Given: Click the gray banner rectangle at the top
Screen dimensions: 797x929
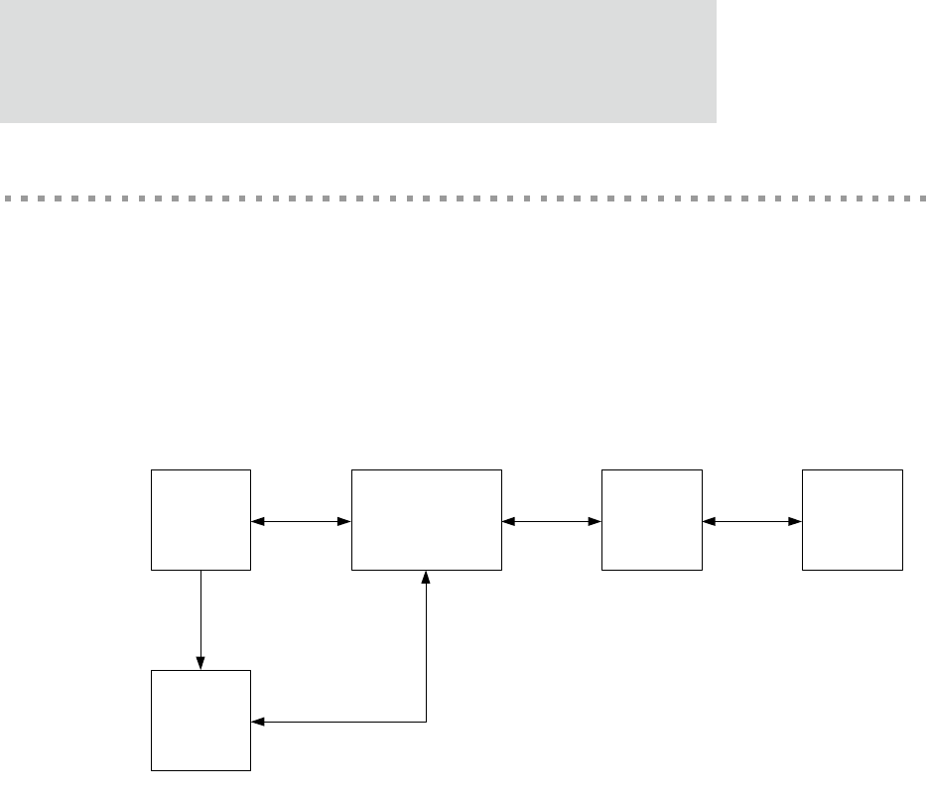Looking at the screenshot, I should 357,61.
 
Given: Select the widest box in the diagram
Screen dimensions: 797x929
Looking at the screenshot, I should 427,520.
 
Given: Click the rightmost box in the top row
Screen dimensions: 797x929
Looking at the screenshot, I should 853,520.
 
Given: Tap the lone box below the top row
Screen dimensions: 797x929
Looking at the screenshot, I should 200,721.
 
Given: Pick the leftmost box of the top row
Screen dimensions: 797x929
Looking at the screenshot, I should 200,520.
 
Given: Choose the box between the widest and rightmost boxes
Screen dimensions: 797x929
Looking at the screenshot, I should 652,520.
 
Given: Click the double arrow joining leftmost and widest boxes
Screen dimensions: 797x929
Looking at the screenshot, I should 302,520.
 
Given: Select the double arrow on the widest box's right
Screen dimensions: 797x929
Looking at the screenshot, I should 552,520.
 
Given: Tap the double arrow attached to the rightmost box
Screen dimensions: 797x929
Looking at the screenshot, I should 752,520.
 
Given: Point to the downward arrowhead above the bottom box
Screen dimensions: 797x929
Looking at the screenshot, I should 201,663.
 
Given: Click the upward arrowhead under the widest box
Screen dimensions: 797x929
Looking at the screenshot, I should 427,578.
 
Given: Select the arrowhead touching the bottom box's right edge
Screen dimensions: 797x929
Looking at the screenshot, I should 258,722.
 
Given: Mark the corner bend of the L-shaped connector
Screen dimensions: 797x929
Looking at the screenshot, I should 427,722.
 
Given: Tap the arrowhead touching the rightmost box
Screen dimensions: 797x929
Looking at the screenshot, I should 796,520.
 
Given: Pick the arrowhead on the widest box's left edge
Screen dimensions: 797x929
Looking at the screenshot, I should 345,520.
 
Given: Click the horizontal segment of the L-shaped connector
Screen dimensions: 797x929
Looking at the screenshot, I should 342,722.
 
